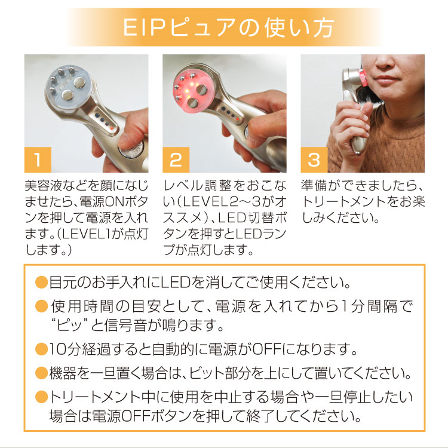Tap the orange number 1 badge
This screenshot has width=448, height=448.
coord(38,159)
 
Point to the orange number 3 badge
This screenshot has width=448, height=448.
coord(314,159)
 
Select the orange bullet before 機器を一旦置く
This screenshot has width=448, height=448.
coord(41,375)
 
